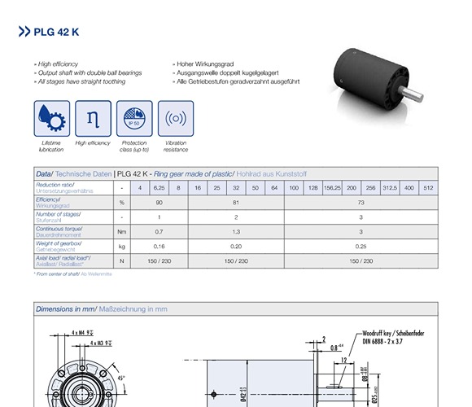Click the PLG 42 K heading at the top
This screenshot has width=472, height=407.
click(56, 33)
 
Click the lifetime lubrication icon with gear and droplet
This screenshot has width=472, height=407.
click(50, 119)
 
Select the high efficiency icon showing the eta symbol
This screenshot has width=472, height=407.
click(92, 119)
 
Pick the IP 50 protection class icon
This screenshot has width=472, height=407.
click(133, 119)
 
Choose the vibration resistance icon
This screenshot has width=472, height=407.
click(175, 119)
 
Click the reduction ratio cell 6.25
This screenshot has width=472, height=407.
click(159, 188)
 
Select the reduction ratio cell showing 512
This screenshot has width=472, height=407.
click(428, 188)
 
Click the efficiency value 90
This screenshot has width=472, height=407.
click(159, 202)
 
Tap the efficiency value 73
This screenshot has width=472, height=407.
click(361, 202)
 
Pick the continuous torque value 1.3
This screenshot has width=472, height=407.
click(236, 231)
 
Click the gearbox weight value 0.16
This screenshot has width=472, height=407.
click(159, 246)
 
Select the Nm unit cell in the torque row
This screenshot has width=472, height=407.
click(121, 231)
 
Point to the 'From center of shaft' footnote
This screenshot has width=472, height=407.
click(73, 274)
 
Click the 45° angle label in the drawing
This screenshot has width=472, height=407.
click(120, 378)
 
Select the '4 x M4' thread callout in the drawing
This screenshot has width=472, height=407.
click(83, 333)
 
